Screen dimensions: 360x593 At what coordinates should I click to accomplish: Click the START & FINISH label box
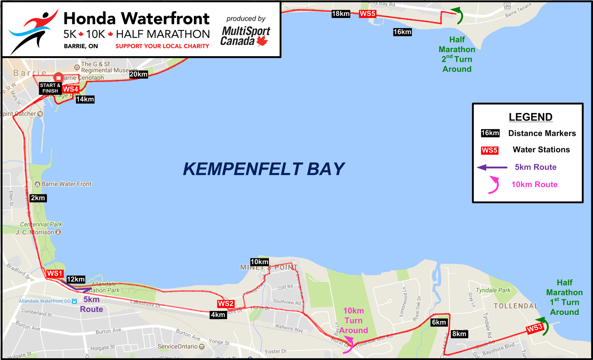(x=50, y=88)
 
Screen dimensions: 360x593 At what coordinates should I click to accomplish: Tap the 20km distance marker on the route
(x=138, y=74)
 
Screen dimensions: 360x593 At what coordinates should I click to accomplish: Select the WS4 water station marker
(x=70, y=89)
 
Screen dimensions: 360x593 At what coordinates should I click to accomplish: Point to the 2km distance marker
(x=38, y=198)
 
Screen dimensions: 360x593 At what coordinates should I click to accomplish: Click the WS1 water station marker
(x=55, y=273)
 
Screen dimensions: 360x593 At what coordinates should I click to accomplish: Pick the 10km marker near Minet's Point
(x=259, y=262)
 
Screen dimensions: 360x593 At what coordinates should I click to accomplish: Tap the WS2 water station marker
(x=226, y=304)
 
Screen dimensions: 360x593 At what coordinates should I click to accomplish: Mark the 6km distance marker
(x=439, y=322)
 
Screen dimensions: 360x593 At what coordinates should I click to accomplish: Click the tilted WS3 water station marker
(x=535, y=328)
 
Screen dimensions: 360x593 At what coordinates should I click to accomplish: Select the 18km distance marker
(x=341, y=14)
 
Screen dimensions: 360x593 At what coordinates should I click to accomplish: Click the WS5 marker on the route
(x=367, y=14)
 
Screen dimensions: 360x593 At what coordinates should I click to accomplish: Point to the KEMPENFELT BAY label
(x=263, y=169)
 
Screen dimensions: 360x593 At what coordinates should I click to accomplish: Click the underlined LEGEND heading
(x=530, y=117)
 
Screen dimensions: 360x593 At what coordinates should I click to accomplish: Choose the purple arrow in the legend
(x=492, y=167)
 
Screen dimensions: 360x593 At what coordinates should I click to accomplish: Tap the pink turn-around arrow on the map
(x=349, y=345)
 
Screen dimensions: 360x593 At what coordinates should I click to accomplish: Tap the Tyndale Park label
(x=493, y=290)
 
